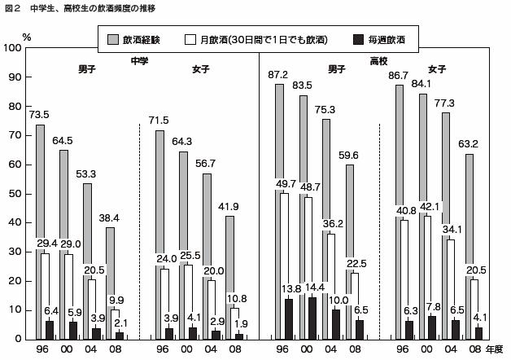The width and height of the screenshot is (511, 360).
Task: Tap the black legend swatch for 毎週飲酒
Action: tap(358, 39)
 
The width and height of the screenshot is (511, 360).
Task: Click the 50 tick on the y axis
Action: tap(15, 193)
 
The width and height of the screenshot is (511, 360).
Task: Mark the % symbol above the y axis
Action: tap(27, 36)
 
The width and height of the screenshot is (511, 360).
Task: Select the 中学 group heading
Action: tap(139, 59)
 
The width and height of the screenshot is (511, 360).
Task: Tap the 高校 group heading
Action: tap(379, 59)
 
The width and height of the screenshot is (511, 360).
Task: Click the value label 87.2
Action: tap(278, 75)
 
